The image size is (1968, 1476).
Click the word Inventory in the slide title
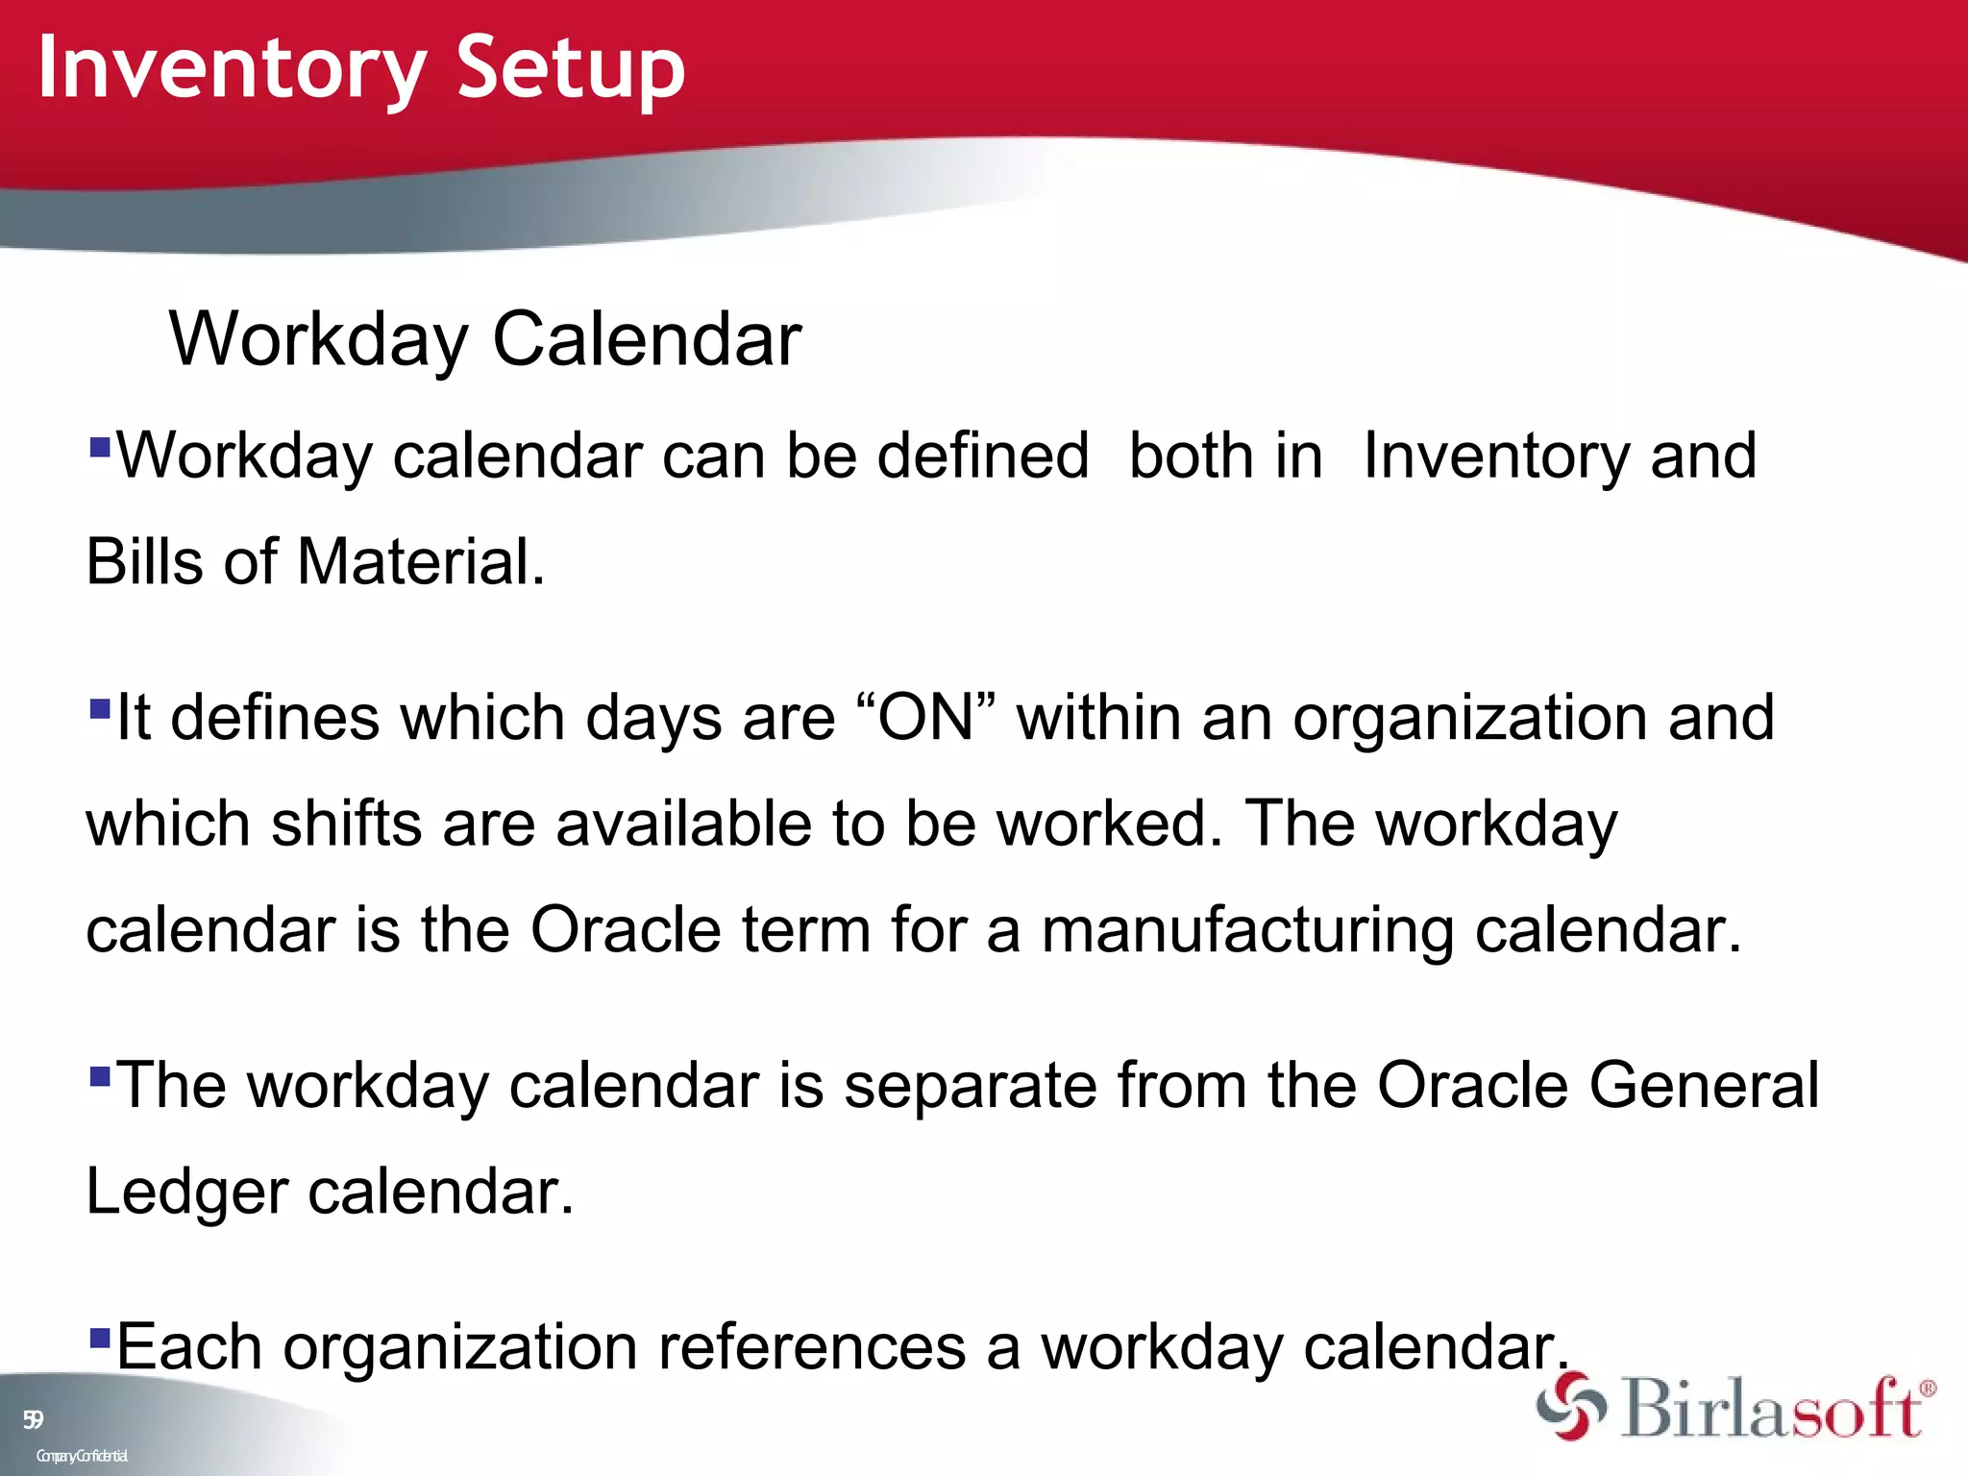231,67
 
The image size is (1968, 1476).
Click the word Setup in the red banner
570,67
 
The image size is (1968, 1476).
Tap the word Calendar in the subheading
646,339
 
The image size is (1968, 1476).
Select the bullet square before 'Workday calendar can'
99,447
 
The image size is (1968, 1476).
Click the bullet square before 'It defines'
99,709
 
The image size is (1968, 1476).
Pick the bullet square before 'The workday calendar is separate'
99,1075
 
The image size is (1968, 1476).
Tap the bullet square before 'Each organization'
99,1337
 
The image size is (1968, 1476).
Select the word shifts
346,824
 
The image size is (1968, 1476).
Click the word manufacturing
1247,930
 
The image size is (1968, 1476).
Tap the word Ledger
186,1192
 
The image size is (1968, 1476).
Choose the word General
1703,1085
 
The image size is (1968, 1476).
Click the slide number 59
33,1419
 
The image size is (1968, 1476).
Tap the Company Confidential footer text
82,1456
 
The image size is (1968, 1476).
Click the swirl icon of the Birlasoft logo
1570,1406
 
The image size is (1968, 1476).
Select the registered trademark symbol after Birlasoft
1927,1389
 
